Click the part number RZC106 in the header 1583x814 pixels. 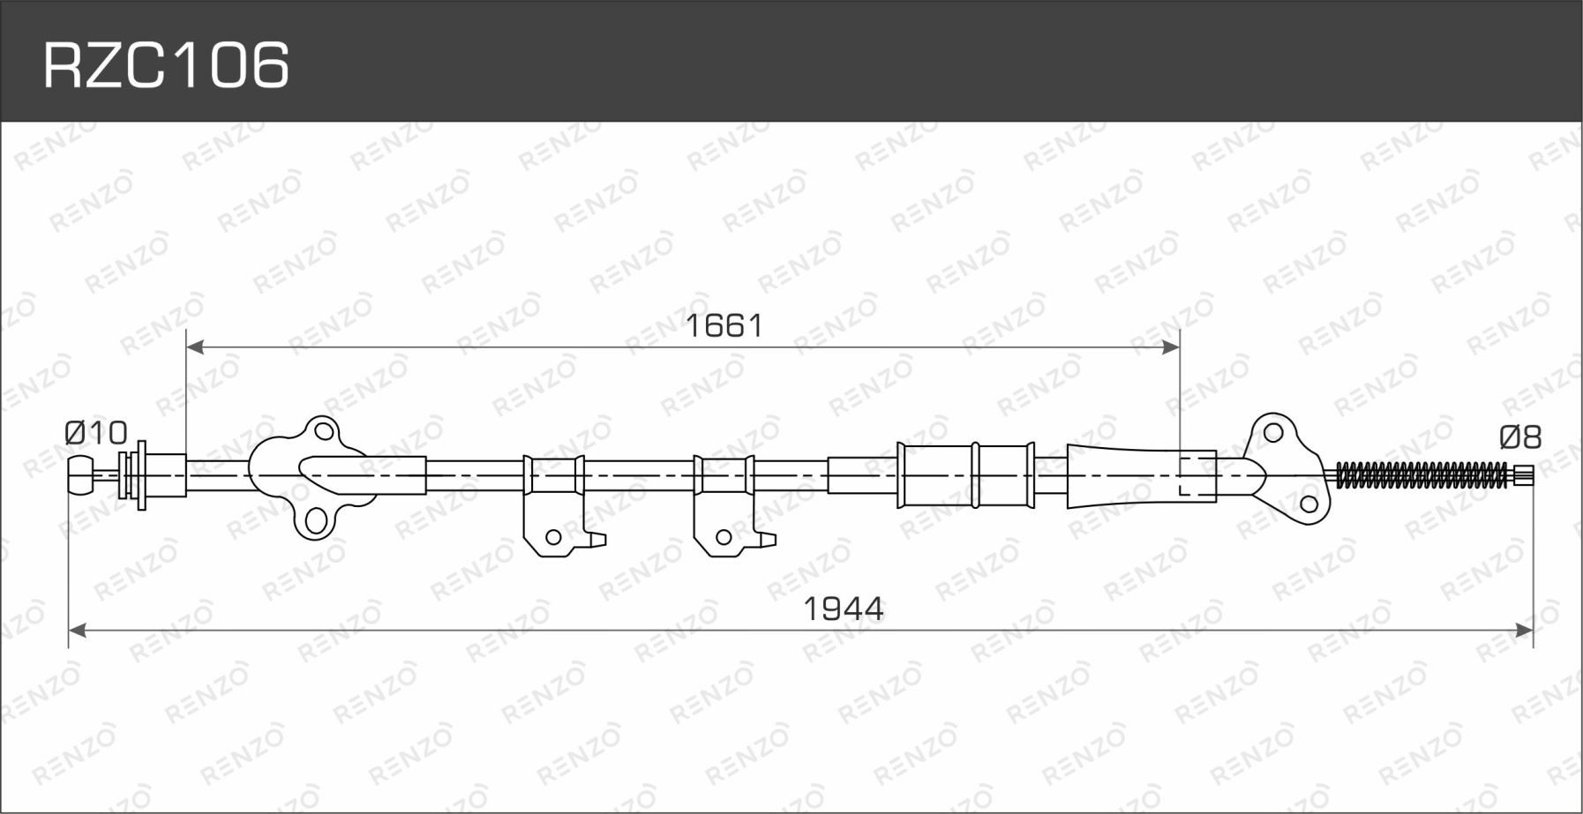167,65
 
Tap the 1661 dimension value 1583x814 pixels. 724,326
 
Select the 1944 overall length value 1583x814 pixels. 844,609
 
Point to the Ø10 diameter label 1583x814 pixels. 96,433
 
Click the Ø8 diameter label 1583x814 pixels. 1520,437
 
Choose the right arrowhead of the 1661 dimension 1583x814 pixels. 1170,347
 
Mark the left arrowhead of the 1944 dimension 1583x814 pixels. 78,630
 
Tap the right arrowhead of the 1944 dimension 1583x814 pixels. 1524,630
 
